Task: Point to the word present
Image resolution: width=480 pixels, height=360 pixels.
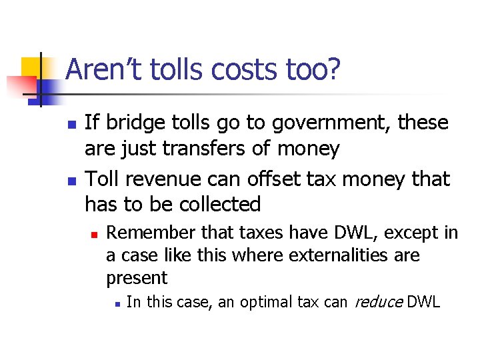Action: coord(136,277)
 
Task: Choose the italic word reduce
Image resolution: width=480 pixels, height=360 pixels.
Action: coord(377,302)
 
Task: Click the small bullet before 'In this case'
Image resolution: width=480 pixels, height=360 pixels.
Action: coord(116,303)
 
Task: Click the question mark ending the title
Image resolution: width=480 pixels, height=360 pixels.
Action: coord(334,69)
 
